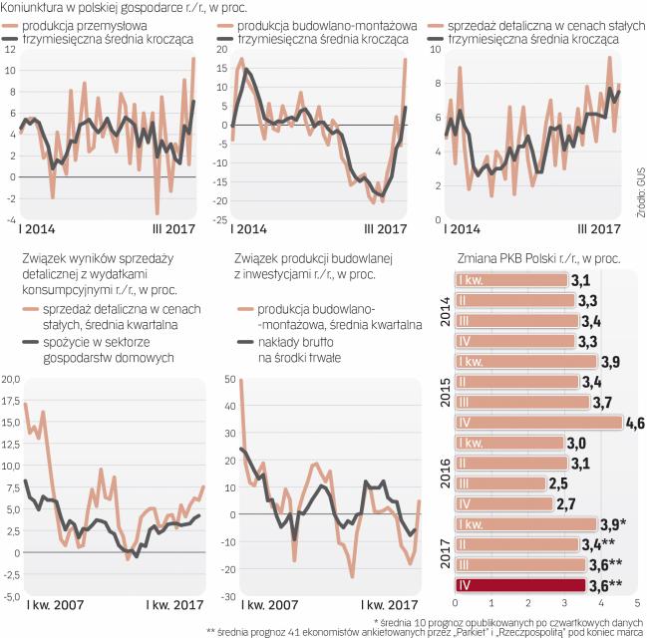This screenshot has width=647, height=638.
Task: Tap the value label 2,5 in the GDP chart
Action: click(560, 483)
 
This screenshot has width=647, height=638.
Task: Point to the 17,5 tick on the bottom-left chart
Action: click(12, 402)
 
